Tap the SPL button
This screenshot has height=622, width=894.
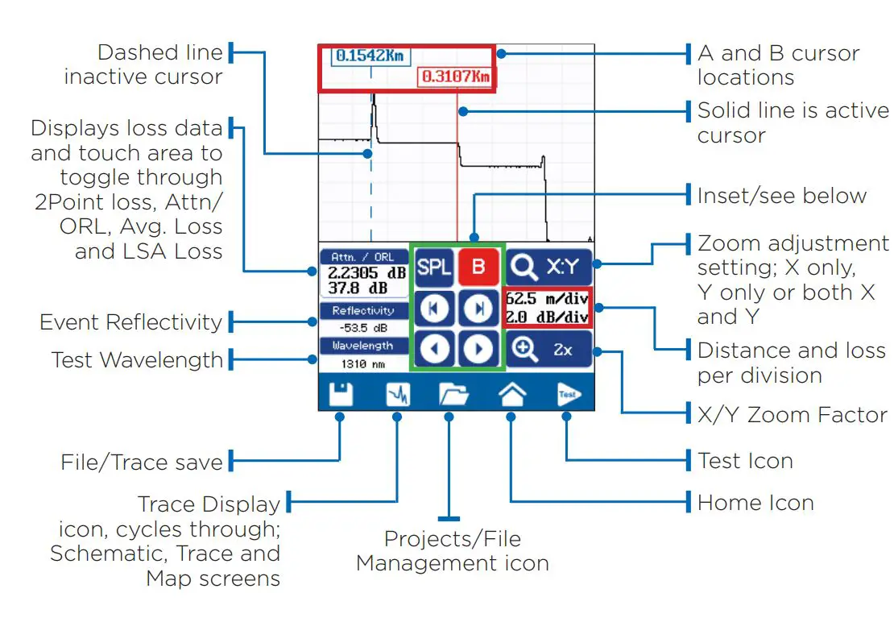(x=435, y=267)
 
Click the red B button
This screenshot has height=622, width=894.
(x=478, y=267)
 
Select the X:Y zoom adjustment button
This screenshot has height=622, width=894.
(x=548, y=266)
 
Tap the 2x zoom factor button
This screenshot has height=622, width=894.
(x=548, y=350)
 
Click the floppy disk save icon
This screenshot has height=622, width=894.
(x=341, y=394)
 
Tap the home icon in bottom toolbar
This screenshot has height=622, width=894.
(x=512, y=394)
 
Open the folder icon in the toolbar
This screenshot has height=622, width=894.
(x=453, y=394)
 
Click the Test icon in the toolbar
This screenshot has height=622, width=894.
(x=568, y=394)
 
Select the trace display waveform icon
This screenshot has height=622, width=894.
(x=398, y=394)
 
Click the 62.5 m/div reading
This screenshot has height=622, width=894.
(x=548, y=299)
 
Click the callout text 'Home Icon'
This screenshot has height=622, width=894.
(x=755, y=503)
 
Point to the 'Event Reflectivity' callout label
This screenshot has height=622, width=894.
(x=130, y=322)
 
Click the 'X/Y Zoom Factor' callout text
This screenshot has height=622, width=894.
(x=792, y=416)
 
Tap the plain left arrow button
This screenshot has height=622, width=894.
(x=435, y=350)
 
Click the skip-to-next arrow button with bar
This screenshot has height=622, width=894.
(x=478, y=308)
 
